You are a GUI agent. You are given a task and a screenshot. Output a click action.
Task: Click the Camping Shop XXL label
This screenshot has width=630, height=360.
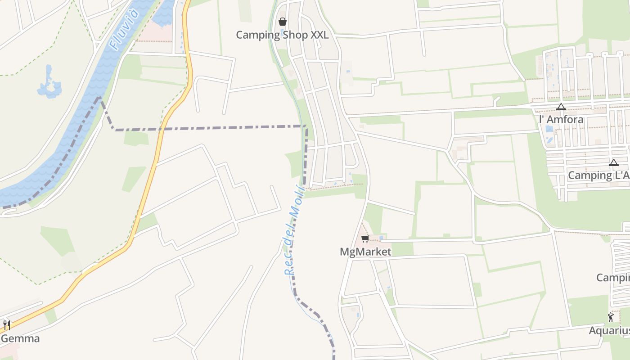tap(282, 35)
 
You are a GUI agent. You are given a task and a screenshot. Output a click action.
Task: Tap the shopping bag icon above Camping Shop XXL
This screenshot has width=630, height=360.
tap(283, 21)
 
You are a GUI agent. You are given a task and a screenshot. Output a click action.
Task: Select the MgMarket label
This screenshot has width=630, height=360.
tap(365, 252)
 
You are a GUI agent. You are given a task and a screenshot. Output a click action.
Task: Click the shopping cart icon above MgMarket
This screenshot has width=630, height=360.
tap(365, 238)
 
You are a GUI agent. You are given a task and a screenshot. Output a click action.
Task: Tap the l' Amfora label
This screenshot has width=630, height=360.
tap(561, 120)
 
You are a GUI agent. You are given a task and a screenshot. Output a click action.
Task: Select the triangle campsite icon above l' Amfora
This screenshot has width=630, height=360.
tap(561, 107)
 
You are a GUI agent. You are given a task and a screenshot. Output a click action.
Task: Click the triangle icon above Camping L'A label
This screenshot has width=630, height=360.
tap(614, 162)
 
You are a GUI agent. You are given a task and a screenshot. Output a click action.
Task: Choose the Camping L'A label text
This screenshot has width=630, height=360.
tap(598, 175)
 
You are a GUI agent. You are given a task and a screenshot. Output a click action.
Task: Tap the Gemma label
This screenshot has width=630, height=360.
tap(20, 338)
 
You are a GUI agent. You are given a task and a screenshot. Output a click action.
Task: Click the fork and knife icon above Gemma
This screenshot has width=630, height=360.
tap(7, 325)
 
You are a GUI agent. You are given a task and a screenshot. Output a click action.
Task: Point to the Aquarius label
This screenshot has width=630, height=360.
tap(609, 331)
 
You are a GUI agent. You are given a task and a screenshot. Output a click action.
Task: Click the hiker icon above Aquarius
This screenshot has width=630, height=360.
tap(611, 317)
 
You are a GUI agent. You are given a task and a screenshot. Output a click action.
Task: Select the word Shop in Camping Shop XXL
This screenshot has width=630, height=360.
tap(295, 35)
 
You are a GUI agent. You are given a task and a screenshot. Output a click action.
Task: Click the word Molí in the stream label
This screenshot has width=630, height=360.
tap(299, 199)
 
